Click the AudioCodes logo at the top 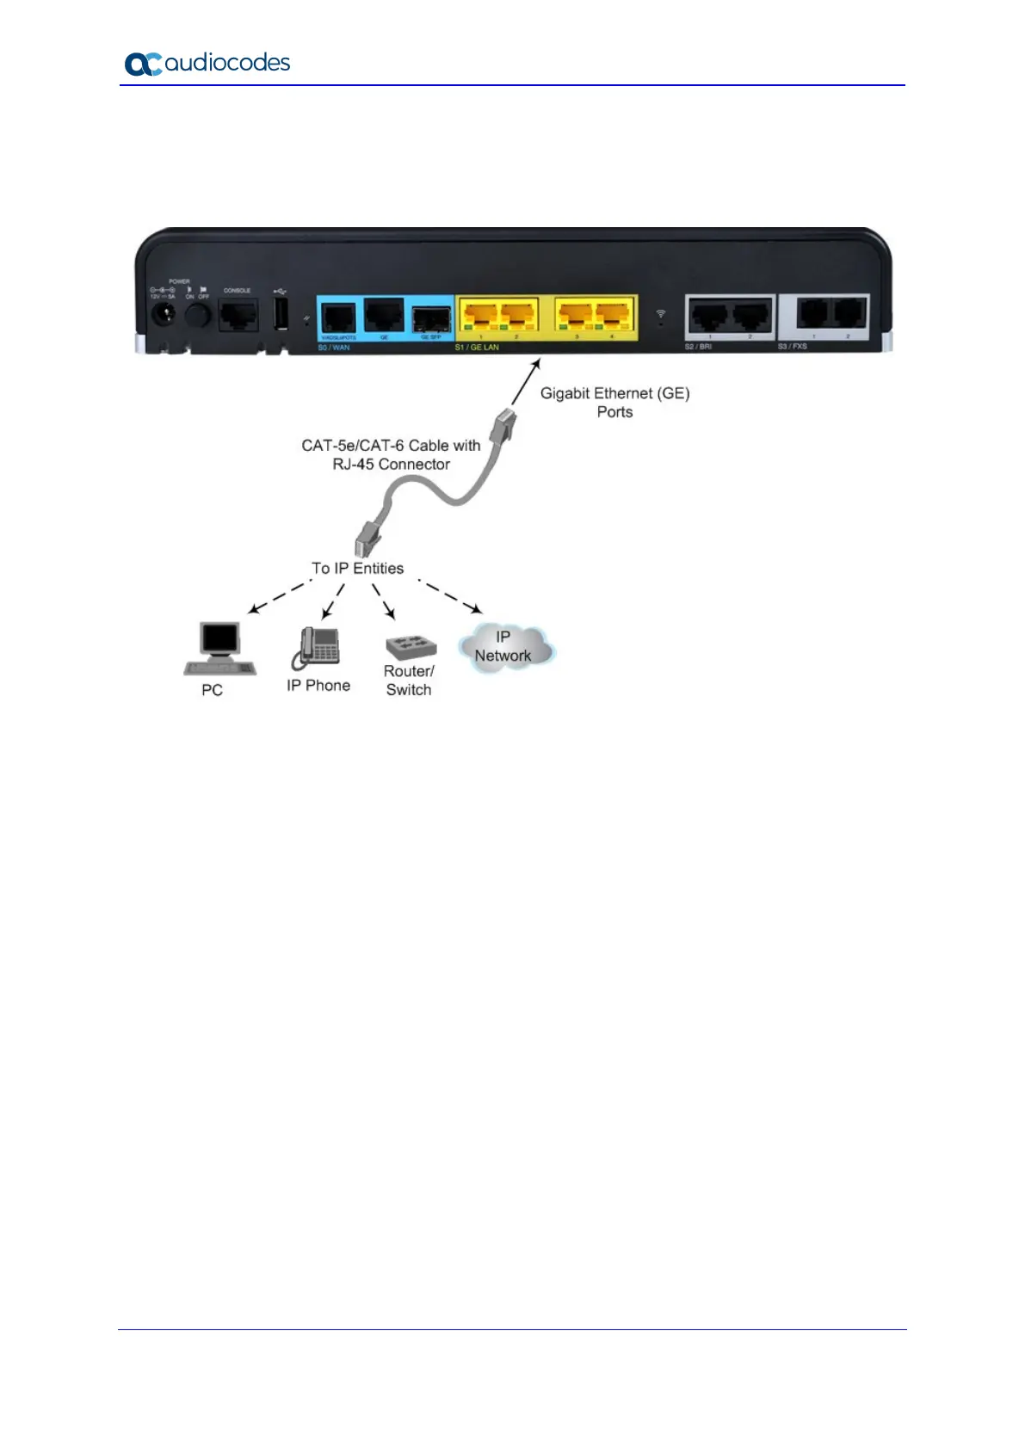tap(207, 64)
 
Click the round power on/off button tap(198, 316)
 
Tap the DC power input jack tap(163, 315)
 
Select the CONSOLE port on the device tap(238, 316)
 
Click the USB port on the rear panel tap(281, 314)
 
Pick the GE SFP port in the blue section tap(430, 319)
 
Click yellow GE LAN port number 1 tap(480, 316)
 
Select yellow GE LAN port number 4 tap(612, 316)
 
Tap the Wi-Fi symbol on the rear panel tap(660, 314)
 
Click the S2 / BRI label tap(698, 347)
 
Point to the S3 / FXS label tap(793, 347)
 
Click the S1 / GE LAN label tap(477, 348)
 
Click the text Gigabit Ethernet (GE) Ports tap(614, 403)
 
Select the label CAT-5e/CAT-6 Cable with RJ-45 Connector tap(391, 455)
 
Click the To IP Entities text tap(357, 569)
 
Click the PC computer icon tap(219, 649)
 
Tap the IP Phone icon tap(317, 648)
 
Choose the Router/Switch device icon tap(411, 647)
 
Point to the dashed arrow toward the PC tap(279, 597)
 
